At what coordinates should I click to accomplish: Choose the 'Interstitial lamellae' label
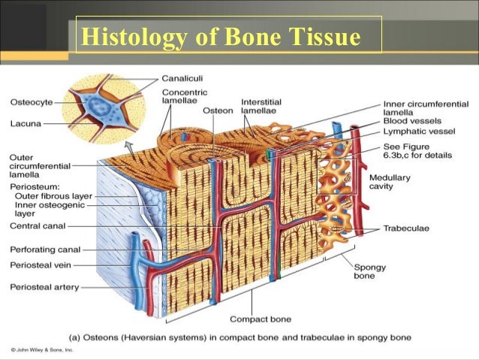coord(259,106)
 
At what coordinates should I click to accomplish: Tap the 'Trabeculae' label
coord(406,228)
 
